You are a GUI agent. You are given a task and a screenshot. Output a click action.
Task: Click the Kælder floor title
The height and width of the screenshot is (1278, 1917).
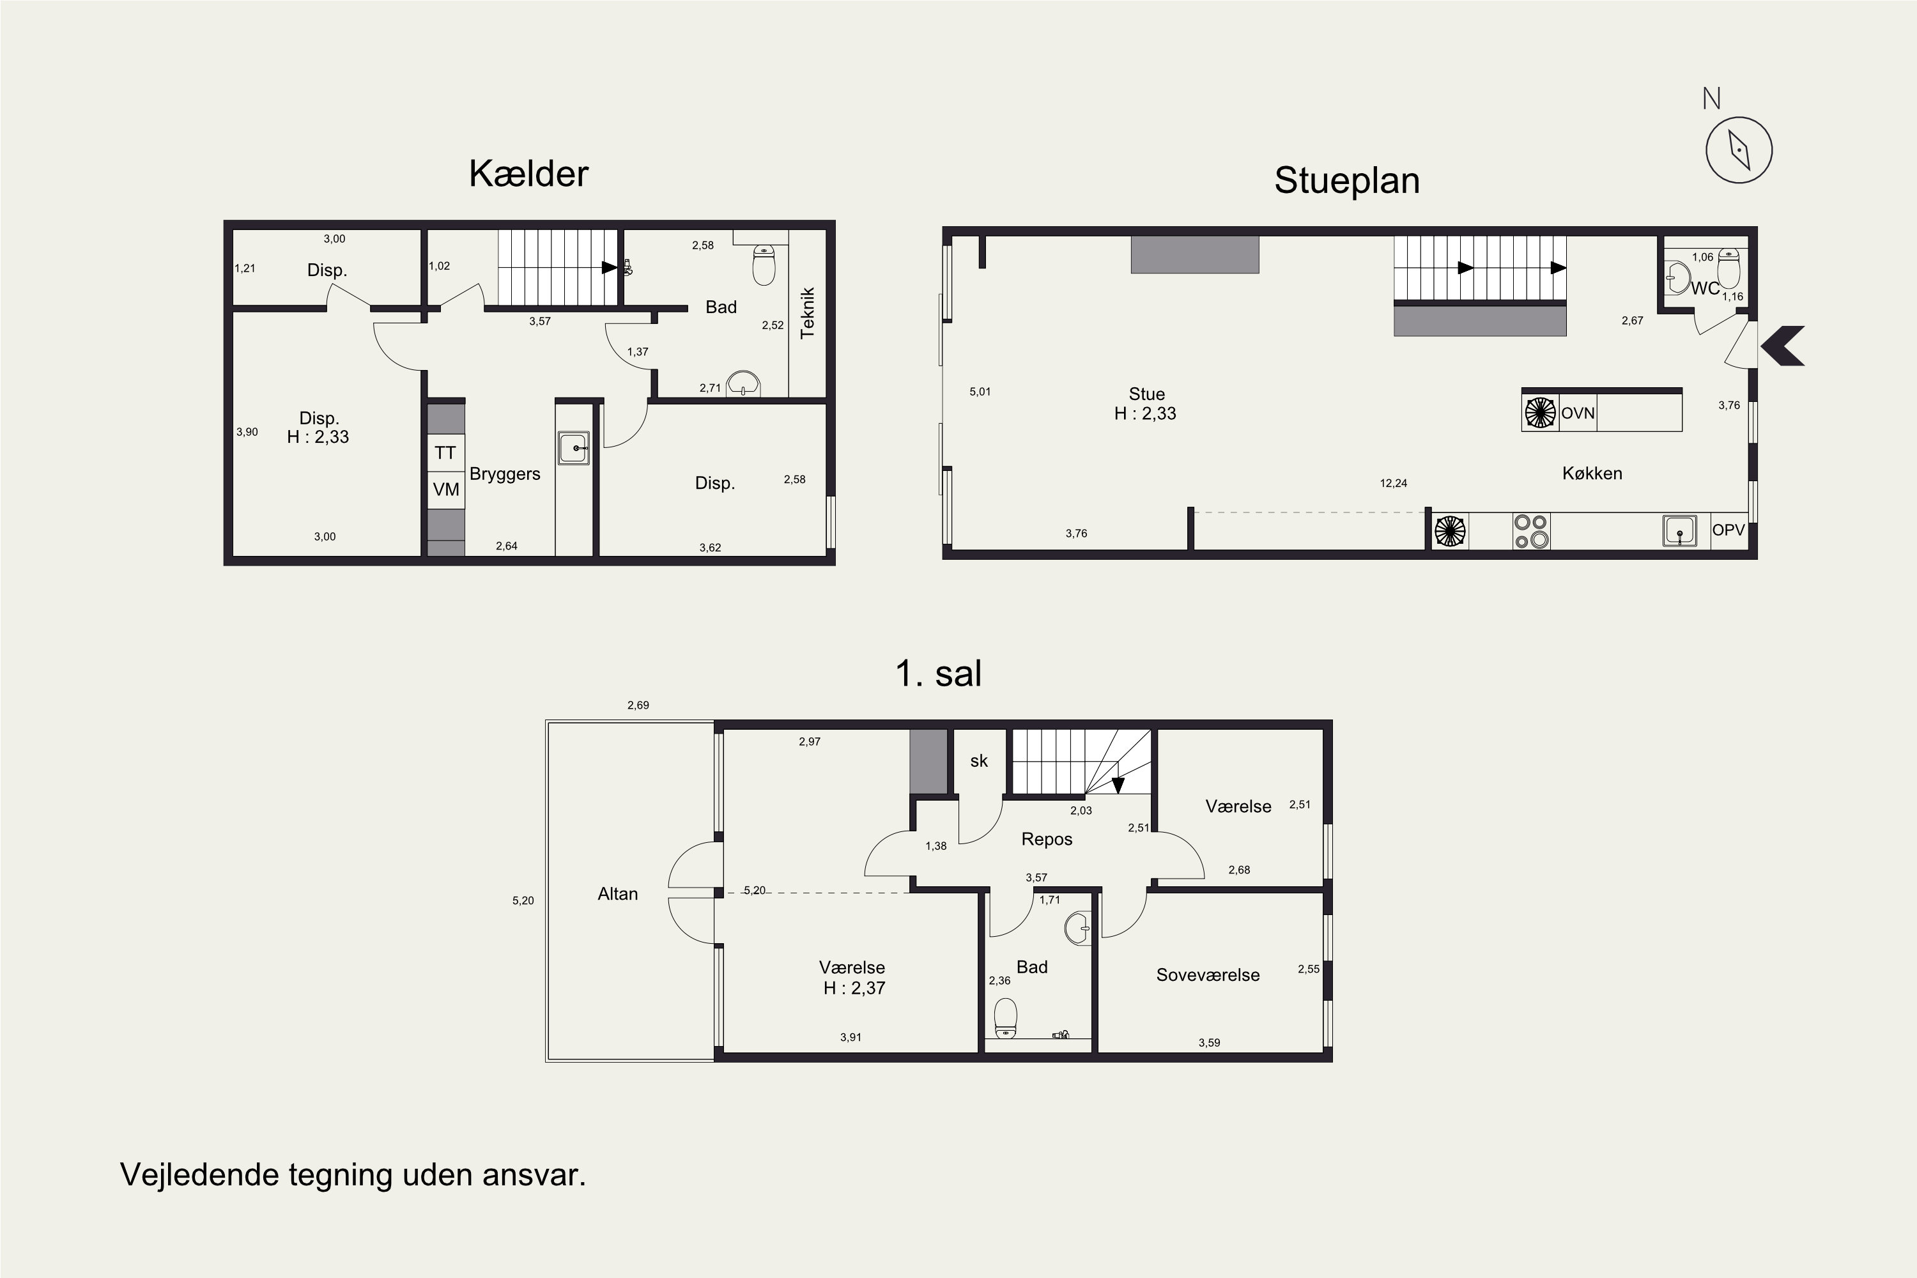tap(528, 174)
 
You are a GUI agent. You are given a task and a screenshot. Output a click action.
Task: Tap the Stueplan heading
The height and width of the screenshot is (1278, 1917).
tap(1346, 181)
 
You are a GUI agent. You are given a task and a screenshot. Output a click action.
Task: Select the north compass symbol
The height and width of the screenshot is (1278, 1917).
tap(1739, 149)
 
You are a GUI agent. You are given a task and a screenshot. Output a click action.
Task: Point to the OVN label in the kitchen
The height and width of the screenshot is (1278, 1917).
tap(1578, 413)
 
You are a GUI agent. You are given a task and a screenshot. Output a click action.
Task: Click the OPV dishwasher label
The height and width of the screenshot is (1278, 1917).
tap(1728, 530)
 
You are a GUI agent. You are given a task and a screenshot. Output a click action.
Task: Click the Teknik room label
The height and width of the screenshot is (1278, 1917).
tap(808, 313)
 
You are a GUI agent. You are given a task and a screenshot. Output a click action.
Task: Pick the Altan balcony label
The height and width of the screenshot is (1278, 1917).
tap(618, 894)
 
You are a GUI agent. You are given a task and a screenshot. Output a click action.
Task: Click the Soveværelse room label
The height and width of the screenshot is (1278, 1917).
tap(1208, 975)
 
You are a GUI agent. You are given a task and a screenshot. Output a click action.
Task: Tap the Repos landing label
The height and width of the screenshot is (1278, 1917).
tap(1047, 840)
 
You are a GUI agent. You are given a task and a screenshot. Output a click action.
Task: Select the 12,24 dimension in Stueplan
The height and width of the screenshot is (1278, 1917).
tap(1394, 483)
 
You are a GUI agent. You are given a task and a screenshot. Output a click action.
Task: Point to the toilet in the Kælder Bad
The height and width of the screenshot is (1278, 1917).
tap(764, 266)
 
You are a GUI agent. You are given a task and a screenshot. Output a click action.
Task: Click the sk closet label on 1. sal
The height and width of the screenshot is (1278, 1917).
tap(979, 760)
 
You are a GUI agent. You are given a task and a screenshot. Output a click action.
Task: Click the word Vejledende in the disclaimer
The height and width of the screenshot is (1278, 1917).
tap(199, 1174)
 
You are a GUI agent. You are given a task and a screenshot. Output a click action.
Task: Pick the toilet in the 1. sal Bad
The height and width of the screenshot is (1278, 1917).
tap(1006, 1019)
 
